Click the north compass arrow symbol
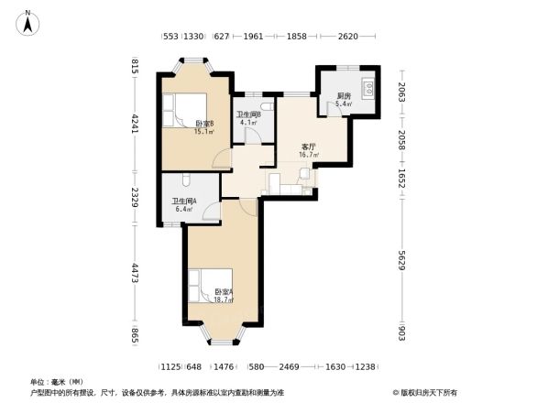point(29,20)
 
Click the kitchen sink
point(368,89)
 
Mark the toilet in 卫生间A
point(185,180)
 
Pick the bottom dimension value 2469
point(290,366)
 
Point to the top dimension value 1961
point(254,38)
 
